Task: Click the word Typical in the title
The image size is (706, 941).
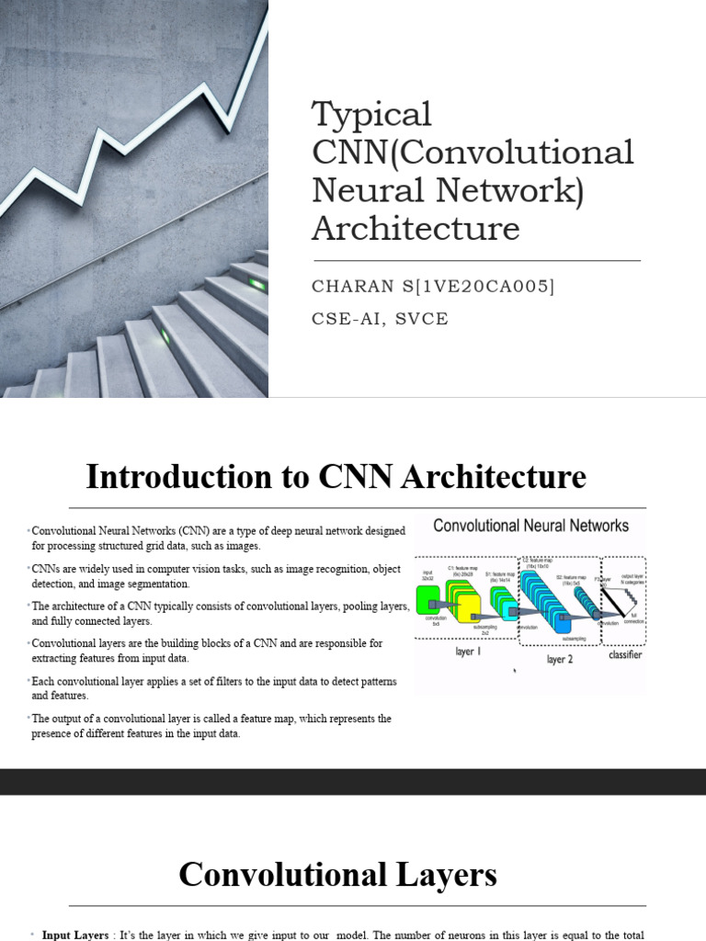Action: click(371, 116)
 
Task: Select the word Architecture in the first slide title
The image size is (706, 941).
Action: click(416, 228)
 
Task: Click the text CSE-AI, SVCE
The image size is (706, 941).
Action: click(381, 318)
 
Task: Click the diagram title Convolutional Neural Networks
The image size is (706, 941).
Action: click(530, 526)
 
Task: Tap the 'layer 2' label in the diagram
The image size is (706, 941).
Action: click(559, 659)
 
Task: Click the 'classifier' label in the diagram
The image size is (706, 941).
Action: click(625, 654)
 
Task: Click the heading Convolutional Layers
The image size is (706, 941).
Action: click(337, 874)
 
